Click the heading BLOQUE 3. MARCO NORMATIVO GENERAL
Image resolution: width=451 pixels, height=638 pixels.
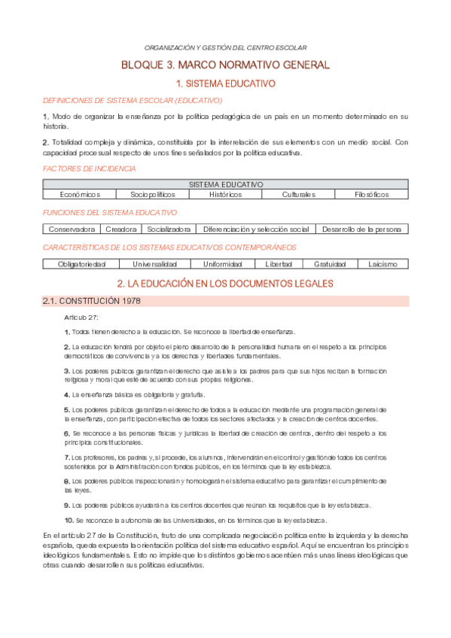pos(225,65)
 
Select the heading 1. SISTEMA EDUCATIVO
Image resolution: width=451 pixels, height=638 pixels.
pos(225,84)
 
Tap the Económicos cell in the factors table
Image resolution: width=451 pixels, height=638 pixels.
pos(81,194)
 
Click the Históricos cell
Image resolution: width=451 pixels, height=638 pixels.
pos(225,194)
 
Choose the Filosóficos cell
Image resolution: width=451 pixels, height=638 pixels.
pos(371,194)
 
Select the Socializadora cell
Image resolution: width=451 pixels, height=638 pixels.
pos(169,229)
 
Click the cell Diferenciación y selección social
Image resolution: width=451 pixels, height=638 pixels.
pos(256,229)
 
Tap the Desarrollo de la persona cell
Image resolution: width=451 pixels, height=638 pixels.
pos(362,229)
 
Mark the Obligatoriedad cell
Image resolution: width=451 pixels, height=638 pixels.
pos(82,264)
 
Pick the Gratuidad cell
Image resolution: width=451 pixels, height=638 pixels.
pos(330,264)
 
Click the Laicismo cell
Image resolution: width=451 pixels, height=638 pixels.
pos(382,264)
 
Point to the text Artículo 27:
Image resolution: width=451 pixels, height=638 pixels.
pos(81,317)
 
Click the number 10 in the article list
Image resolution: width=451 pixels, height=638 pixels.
pos(69,520)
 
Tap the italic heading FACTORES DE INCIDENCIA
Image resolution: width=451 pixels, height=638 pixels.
pos(90,169)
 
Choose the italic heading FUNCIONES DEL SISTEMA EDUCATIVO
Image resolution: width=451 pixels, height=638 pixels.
pos(110,213)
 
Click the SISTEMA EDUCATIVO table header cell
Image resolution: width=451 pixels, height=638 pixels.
pos(225,184)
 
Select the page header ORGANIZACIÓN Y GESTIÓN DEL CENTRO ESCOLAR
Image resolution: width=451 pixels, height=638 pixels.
pos(225,47)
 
